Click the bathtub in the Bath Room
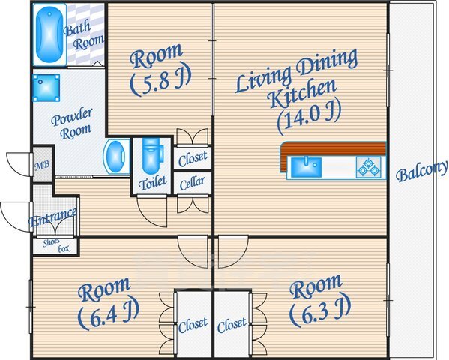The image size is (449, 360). tap(49, 34)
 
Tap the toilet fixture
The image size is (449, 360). tap(152, 156)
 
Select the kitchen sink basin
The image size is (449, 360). tap(306, 166)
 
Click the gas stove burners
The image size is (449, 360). tap(369, 167)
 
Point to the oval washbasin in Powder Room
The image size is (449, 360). tap(116, 157)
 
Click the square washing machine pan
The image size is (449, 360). tap(46, 88)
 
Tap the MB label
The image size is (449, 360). tap(43, 165)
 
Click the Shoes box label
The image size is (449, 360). tap(56, 246)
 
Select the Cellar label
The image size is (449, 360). tap(193, 183)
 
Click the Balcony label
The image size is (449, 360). tap(421, 172)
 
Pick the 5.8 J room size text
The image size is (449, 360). tap(160, 82)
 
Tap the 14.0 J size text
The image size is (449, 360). tap(310, 117)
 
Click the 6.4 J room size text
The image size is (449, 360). tap(109, 313)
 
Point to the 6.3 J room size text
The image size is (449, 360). tap(320, 310)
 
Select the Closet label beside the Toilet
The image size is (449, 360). tap(193, 158)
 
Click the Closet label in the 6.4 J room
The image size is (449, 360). tap(193, 325)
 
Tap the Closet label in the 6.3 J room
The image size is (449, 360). tap(232, 325)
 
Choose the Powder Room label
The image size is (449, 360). tap(72, 124)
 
